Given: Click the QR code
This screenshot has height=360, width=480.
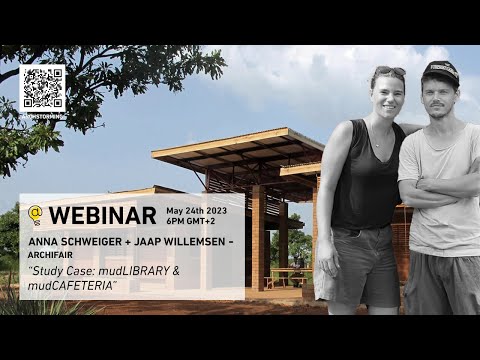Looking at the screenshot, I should [x=42, y=88].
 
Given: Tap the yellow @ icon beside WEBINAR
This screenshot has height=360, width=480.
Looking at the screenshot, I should [x=35, y=215].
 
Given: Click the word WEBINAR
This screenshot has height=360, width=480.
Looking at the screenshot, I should [x=102, y=215].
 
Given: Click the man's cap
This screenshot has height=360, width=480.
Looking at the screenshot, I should [x=440, y=71].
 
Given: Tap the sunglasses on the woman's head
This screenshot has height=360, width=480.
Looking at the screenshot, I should [x=388, y=71].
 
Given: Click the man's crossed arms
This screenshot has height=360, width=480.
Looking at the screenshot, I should [x=441, y=190].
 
